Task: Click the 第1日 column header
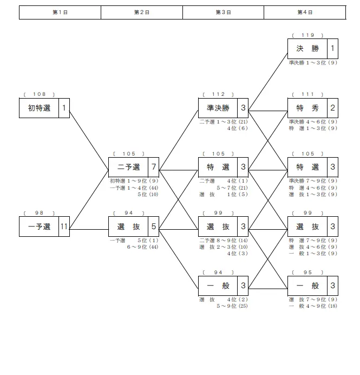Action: click(x=60, y=12)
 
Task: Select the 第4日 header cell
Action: click(x=304, y=12)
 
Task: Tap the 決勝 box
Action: click(x=307, y=49)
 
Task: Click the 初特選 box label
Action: click(x=39, y=108)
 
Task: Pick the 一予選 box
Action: click(x=39, y=227)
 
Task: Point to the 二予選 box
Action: click(x=128, y=167)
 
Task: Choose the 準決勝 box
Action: click(x=218, y=108)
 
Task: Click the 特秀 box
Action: click(x=307, y=108)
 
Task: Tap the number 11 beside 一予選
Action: click(x=64, y=227)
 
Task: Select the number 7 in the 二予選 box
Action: click(x=154, y=167)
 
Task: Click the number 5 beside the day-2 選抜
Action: click(x=154, y=227)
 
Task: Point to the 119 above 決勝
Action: click(x=307, y=35)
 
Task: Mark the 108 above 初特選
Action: click(x=39, y=94)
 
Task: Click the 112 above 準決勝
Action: click(x=218, y=94)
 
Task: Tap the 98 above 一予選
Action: click(x=39, y=213)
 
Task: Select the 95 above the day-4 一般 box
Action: click(x=307, y=272)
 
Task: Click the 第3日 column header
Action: click(x=223, y=12)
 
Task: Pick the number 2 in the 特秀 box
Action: click(x=332, y=108)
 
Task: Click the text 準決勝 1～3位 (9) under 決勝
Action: click(x=313, y=63)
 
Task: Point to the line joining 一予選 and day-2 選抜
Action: click(x=89, y=229)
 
